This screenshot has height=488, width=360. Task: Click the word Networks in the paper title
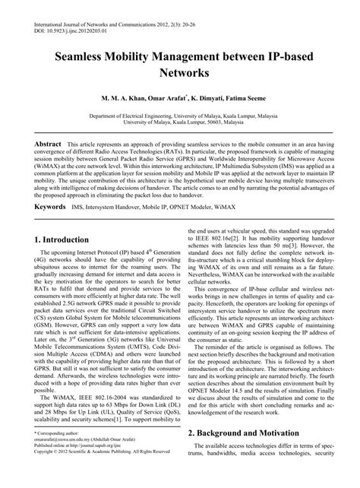(x=179, y=74)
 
